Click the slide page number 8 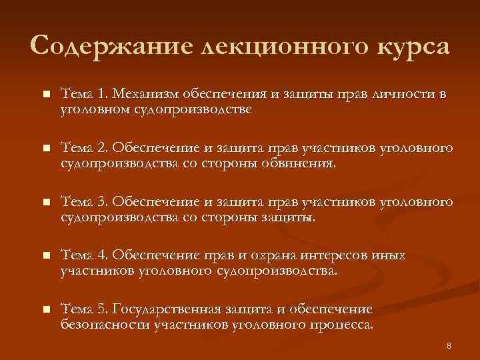coord(449,345)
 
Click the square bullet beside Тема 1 coord(45,95)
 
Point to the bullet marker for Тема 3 coord(45,201)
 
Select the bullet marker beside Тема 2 coord(45,148)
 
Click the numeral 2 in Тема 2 coord(102,147)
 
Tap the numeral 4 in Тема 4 coord(102,255)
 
